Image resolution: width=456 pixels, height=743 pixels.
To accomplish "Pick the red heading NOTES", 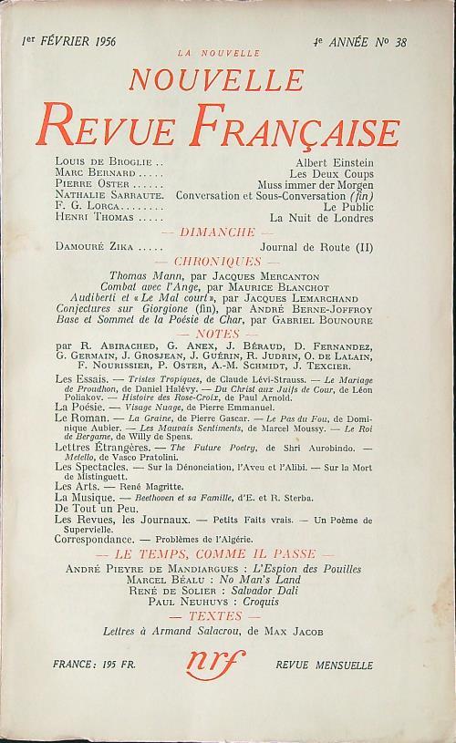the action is (x=228, y=335).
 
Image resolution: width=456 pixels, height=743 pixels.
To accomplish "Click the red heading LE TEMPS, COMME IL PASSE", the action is (x=228, y=555).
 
